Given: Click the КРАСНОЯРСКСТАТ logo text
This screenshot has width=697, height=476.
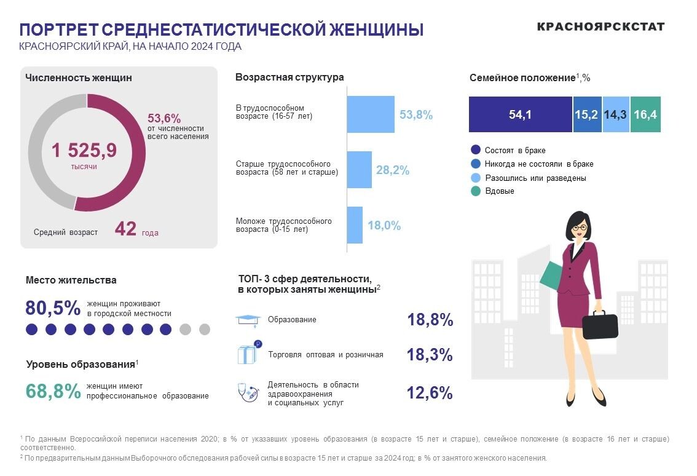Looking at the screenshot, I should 601,26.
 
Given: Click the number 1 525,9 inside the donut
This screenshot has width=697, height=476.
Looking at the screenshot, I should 84,150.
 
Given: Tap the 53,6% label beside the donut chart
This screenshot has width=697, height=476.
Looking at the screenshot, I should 164,118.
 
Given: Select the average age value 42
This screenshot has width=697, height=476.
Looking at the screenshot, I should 125,229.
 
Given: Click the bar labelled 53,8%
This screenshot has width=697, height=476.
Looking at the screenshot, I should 371,114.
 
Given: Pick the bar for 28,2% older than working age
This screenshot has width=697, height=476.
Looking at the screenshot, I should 360,170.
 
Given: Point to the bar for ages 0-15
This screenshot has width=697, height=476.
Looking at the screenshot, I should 355,225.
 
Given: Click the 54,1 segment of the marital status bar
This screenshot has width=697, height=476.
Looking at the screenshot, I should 520,114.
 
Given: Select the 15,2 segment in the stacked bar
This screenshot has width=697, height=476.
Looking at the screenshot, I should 587,114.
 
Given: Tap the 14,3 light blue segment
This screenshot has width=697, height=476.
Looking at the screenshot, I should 616,114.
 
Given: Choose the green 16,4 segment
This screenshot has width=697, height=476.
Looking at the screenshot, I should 645,114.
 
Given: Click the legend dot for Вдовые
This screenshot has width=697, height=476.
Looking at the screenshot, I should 475,191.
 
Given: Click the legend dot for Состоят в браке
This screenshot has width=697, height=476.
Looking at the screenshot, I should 475,150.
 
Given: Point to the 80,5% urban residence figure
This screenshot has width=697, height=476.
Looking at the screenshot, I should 53,307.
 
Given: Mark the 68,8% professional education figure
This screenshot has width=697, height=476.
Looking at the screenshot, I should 53,391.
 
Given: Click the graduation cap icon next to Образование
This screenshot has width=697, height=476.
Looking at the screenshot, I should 248,320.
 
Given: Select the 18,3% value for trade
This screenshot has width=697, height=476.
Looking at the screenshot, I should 430,355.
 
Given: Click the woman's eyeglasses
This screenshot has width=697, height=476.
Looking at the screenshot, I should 579,228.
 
